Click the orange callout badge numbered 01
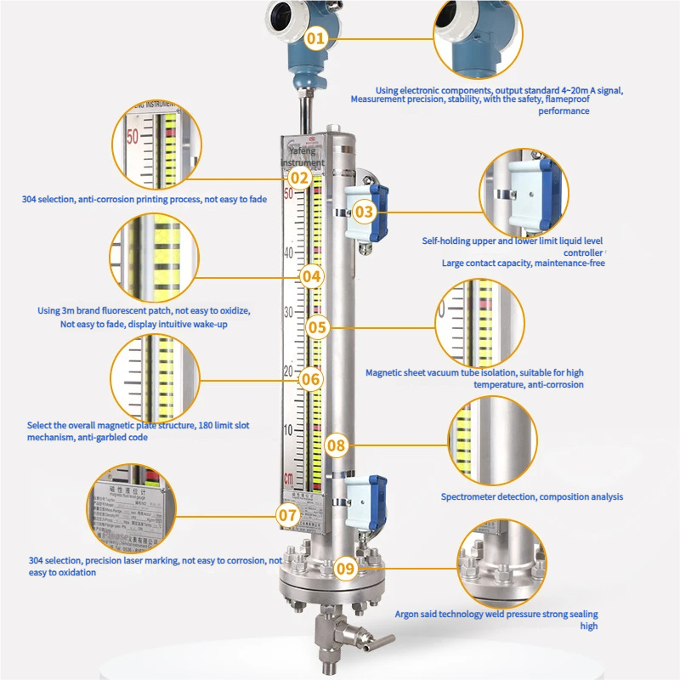[315, 37]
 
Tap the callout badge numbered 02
[299, 178]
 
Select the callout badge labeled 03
[364, 212]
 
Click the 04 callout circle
[311, 275]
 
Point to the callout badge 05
[317, 326]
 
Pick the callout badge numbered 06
[311, 379]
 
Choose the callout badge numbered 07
[287, 514]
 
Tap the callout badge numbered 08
[337, 445]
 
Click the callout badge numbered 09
[344, 569]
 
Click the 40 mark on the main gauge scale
[289, 253]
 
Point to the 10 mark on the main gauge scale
[289, 429]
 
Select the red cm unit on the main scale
[289, 476]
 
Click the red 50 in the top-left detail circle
[133, 136]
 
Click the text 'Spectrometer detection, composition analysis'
[531, 496]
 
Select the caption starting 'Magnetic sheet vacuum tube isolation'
[474, 378]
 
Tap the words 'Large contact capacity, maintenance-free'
[523, 263]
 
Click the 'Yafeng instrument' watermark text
[302, 156]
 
